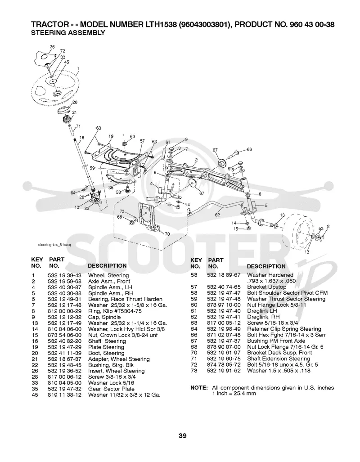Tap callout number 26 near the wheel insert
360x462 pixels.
[52, 46]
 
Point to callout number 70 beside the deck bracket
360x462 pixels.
[167, 234]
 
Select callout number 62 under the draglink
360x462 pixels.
[217, 215]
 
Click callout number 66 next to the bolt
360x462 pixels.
[249, 149]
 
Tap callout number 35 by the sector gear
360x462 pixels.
[111, 188]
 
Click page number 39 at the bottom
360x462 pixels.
[183, 436]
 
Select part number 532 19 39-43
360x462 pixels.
[64, 275]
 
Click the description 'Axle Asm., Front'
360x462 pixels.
[109, 282]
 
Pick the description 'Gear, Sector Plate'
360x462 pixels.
[111, 389]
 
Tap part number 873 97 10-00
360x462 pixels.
[224, 305]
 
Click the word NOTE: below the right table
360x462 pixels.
[199, 388]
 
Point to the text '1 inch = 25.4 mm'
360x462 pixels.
[234, 393]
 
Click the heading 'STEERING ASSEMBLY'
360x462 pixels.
[68, 33]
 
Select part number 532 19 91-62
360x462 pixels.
[224, 371]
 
